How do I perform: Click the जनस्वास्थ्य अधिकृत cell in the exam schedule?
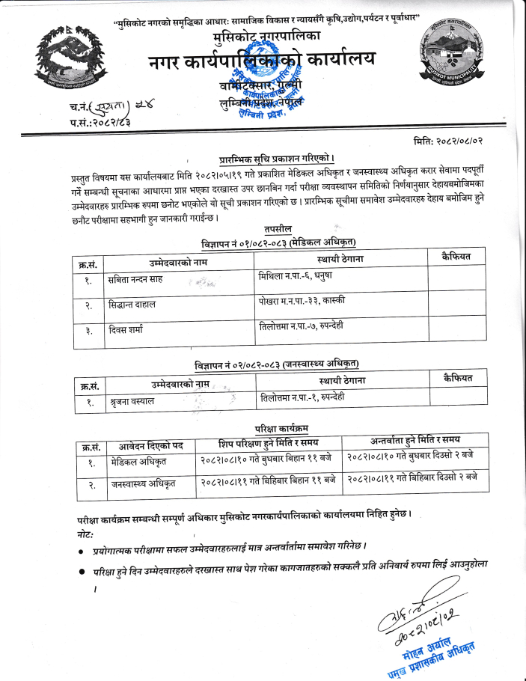[x=143, y=484]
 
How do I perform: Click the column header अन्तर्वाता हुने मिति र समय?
[x=415, y=439]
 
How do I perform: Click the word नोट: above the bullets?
[x=88, y=528]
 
